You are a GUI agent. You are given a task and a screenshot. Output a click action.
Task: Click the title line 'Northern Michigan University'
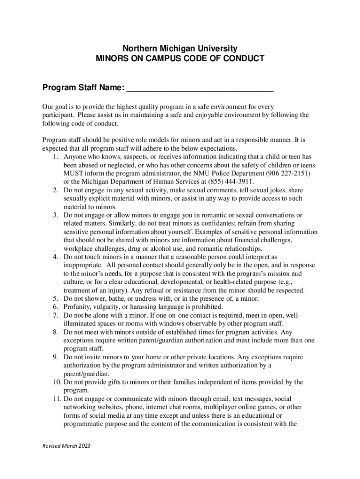pyautogui.click(x=180, y=49)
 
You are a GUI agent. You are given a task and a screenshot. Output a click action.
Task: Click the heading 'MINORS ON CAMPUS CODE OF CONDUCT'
pyautogui.click(x=180, y=59)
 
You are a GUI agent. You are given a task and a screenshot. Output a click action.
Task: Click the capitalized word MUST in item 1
pyautogui.click(x=73, y=174)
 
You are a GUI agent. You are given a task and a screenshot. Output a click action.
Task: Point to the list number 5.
pyautogui.click(x=55, y=298)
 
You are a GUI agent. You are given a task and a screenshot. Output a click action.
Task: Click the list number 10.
pyautogui.click(x=53, y=382)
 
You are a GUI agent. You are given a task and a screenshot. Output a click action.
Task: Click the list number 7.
pyautogui.click(x=55, y=315)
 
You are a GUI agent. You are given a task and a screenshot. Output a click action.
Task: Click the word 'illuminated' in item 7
pyautogui.click(x=80, y=324)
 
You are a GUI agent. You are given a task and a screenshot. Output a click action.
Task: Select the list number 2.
pyautogui.click(x=55, y=190)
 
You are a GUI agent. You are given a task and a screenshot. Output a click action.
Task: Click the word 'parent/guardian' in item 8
pyautogui.click(x=173, y=340)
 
